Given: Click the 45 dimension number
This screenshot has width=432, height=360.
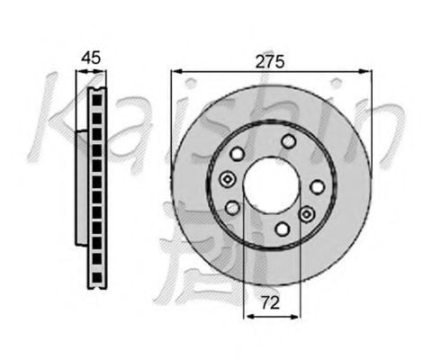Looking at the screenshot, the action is click(x=92, y=58).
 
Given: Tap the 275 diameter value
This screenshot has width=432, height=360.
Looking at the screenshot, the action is click(x=270, y=62).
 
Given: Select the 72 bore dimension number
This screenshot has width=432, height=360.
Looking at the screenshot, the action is click(x=270, y=302).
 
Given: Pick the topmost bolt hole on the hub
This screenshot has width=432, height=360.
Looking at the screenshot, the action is click(x=288, y=141).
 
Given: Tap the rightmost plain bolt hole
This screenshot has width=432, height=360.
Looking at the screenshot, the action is click(x=317, y=187).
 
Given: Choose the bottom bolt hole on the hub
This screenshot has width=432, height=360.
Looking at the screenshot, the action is click(x=282, y=229).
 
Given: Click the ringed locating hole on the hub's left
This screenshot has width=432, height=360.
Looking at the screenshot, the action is click(x=228, y=179).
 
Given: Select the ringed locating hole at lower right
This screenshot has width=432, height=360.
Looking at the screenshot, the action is click(x=306, y=214).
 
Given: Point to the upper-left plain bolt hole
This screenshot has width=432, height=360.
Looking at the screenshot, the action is click(x=237, y=154).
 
